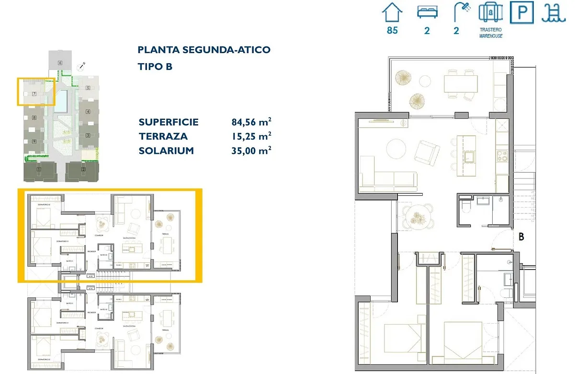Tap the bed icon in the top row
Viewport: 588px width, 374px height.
(427, 12)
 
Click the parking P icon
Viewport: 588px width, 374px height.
(521, 12)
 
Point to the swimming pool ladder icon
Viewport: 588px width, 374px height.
(554, 12)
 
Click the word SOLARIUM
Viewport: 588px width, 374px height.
(166, 151)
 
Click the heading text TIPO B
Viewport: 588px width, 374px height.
(155, 67)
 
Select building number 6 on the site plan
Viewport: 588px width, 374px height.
(60, 63)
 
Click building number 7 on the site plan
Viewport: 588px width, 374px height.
(34, 94)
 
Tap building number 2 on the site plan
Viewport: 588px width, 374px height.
(83, 169)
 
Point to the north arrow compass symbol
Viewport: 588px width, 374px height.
(82, 64)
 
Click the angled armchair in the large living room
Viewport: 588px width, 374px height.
(428, 152)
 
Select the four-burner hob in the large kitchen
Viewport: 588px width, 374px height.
(502, 156)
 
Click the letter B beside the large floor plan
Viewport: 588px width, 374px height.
(521, 236)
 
